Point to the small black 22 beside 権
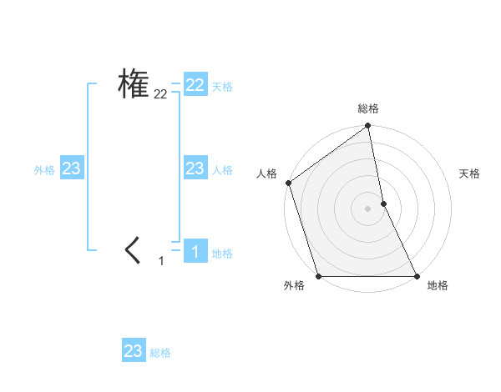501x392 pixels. pos(160,95)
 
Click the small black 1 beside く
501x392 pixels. pos(161,261)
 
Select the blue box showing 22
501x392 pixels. pos(195,85)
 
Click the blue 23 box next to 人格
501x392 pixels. pos(195,168)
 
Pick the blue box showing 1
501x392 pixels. pos(195,250)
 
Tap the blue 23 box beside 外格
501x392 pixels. pos(71,168)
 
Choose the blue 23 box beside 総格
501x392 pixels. pos(134,350)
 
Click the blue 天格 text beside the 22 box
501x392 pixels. pos(222,87)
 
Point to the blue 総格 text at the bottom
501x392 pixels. pos(160,353)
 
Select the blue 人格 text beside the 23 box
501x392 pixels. pos(222,170)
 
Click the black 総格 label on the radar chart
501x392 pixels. pos(368,108)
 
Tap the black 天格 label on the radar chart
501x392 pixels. pos(470,173)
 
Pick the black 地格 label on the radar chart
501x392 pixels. pos(438,285)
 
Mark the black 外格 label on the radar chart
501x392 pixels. pos(294,285)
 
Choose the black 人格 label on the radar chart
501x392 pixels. pos(266,173)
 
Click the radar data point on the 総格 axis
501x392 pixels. pos(368,127)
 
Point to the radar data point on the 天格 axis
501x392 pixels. pos(383,203)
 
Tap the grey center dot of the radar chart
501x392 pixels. pos(368,208)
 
